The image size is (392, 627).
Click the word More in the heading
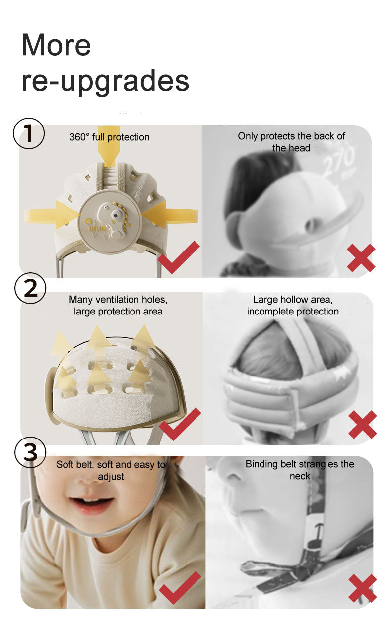(x=56, y=45)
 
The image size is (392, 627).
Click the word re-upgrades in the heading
(x=105, y=81)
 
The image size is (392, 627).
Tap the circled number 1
(x=29, y=133)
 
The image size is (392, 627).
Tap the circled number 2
(x=30, y=288)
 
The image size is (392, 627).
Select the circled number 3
(x=30, y=452)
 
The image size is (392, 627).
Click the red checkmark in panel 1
(x=179, y=257)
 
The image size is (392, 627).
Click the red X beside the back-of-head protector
(x=361, y=258)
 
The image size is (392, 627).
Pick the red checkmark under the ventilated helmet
(x=180, y=424)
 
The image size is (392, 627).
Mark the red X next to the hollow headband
(x=363, y=424)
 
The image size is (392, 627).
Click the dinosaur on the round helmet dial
(x=115, y=221)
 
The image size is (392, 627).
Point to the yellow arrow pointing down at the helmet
(x=109, y=147)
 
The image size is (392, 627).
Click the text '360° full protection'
(x=110, y=137)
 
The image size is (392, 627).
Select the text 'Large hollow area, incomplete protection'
(x=293, y=306)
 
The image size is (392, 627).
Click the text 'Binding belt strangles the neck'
(x=300, y=470)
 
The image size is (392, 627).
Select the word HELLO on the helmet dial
(x=97, y=229)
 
